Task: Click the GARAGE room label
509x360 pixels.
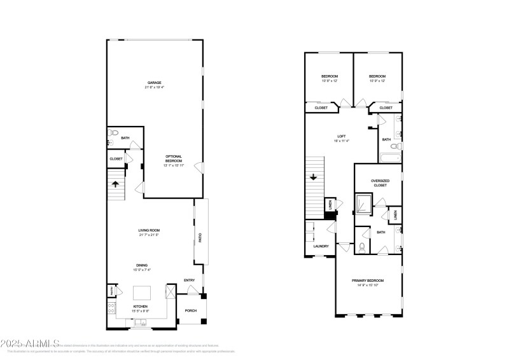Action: coord(153,82)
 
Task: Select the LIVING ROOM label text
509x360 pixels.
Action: coord(149,230)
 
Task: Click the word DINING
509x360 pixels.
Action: coord(141,265)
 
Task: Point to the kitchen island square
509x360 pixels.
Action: coord(141,294)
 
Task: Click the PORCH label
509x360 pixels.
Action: coord(190,311)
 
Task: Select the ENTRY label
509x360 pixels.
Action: coord(189,280)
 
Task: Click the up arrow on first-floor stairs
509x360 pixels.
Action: coord(116,185)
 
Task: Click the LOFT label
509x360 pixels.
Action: coord(341,137)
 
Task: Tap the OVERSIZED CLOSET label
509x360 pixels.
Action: coord(380,183)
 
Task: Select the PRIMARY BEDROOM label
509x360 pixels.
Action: coord(368,280)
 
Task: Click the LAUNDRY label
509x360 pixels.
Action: coord(320,246)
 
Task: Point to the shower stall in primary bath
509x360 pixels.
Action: coord(363,205)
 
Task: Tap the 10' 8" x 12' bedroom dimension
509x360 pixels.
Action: coord(328,81)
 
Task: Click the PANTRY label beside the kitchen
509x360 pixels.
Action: coord(111,291)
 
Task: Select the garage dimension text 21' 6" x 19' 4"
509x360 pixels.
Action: coord(153,87)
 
